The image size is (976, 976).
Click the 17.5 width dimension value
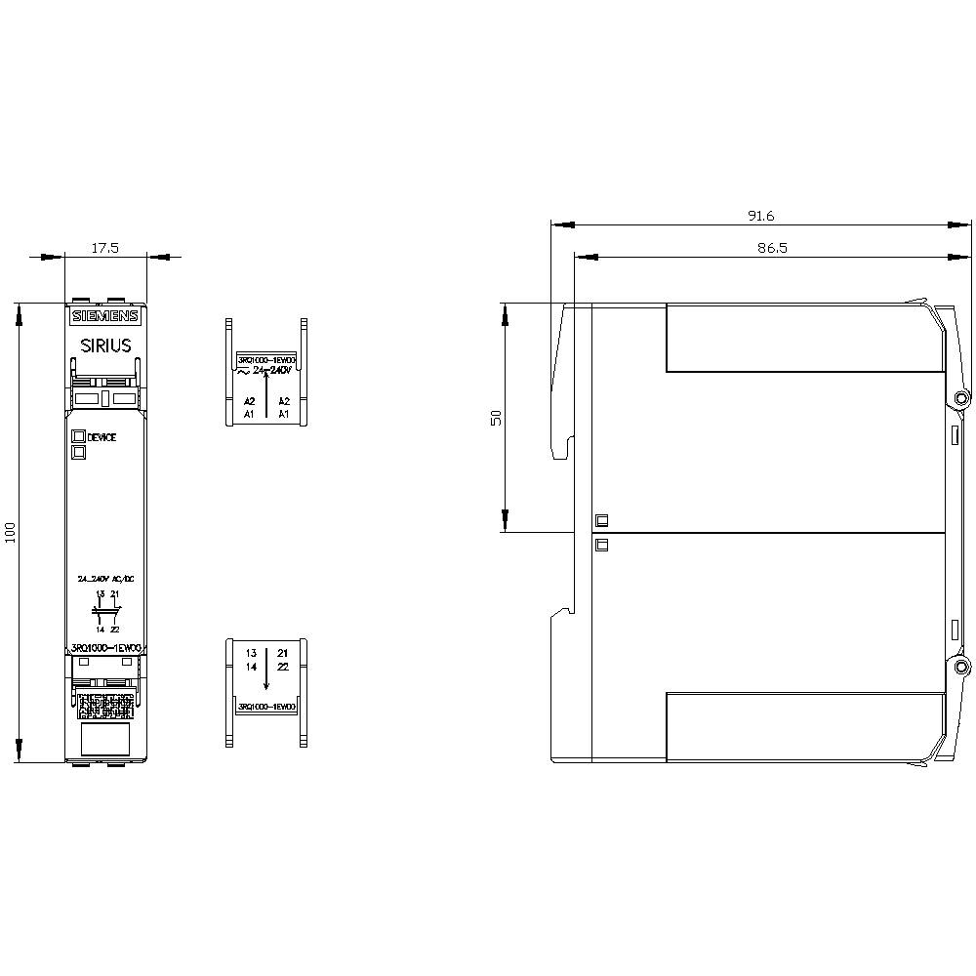[x=105, y=248]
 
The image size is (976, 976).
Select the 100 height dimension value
[x=11, y=533]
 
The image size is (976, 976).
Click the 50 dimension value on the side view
[x=496, y=417]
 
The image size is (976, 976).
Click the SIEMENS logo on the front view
[x=105, y=316]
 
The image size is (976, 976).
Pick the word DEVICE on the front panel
[x=102, y=437]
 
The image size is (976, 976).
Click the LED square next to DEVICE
[x=77, y=436]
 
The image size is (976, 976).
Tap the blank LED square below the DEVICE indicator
[x=77, y=451]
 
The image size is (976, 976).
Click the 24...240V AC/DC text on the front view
[x=105, y=579]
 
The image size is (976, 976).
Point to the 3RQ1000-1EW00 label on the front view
[x=105, y=648]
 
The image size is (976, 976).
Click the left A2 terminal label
[x=249, y=401]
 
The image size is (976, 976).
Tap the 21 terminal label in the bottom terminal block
[x=283, y=652]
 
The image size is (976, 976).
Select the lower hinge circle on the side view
[x=962, y=667]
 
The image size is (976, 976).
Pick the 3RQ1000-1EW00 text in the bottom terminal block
[x=267, y=706]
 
